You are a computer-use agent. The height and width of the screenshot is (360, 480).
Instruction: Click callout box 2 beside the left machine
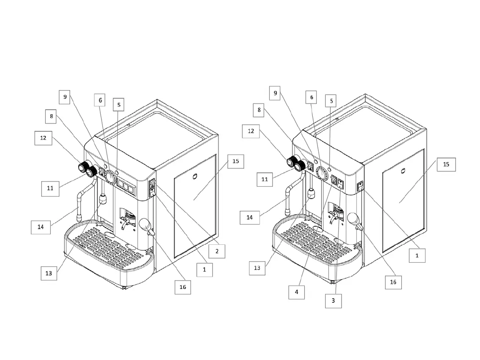tap(217, 251)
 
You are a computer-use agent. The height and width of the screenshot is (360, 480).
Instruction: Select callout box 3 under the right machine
tap(333, 301)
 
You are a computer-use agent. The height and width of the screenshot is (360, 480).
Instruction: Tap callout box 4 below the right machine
tap(297, 292)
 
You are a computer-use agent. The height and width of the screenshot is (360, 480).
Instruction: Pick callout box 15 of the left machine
tap(236, 161)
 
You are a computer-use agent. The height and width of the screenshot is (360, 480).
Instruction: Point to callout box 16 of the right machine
tap(393, 282)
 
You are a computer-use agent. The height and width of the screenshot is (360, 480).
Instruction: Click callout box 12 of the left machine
tap(44, 138)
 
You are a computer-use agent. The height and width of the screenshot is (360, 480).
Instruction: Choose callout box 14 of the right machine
tap(250, 217)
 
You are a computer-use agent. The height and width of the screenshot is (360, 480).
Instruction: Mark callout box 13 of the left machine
tap(49, 273)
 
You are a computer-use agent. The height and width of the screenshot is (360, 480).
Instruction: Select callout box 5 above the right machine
tap(332, 101)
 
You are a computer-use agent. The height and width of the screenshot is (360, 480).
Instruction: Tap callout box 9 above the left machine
tap(65, 97)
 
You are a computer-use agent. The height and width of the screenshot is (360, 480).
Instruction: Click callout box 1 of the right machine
tap(417, 255)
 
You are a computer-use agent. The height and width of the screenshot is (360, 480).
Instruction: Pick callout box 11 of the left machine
tap(50, 188)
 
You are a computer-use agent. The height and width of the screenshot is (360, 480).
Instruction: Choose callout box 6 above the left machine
tap(100, 100)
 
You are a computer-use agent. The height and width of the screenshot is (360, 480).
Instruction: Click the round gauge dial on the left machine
tap(110, 177)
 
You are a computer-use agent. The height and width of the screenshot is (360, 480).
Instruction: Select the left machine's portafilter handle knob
tap(145, 223)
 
